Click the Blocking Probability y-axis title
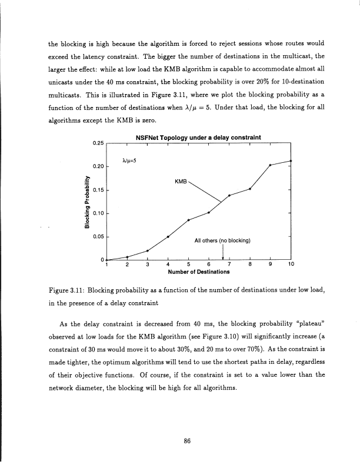pos(86,200)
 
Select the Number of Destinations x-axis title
pos(198,273)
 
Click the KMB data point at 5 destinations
pos(188,220)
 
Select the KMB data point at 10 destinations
pos(291,144)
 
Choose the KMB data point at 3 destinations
pos(148,251)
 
